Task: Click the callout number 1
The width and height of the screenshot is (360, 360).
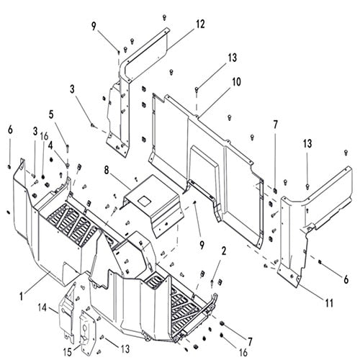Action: pyautogui.click(x=22, y=296)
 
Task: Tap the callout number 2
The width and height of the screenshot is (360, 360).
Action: pyautogui.click(x=224, y=251)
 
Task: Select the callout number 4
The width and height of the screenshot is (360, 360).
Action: pyautogui.click(x=50, y=145)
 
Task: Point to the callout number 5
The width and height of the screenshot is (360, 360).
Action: pyautogui.click(x=51, y=114)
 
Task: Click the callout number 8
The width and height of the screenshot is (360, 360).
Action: pyautogui.click(x=107, y=170)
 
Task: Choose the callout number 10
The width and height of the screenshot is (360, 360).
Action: pyautogui.click(x=236, y=82)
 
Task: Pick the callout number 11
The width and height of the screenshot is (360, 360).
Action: pyautogui.click(x=329, y=303)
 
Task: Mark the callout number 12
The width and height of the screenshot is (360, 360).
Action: pyautogui.click(x=200, y=24)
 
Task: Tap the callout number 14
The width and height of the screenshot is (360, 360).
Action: pyautogui.click(x=42, y=307)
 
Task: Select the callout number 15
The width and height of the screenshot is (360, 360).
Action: pyautogui.click(x=68, y=352)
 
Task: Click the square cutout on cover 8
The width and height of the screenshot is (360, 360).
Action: pyautogui.click(x=144, y=201)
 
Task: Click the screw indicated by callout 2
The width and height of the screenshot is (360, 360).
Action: pyautogui.click(x=212, y=284)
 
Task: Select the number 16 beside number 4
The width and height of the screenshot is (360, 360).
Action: pyautogui.click(x=44, y=136)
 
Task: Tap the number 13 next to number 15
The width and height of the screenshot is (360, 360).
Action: pyautogui.click(x=125, y=349)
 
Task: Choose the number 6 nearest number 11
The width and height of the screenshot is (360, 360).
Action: pyautogui.click(x=346, y=279)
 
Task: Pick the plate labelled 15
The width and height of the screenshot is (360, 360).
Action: pyautogui.click(x=88, y=333)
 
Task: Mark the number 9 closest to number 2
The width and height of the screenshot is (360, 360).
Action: pyautogui.click(x=202, y=246)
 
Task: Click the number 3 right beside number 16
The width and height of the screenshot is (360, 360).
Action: pyautogui.click(x=35, y=131)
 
